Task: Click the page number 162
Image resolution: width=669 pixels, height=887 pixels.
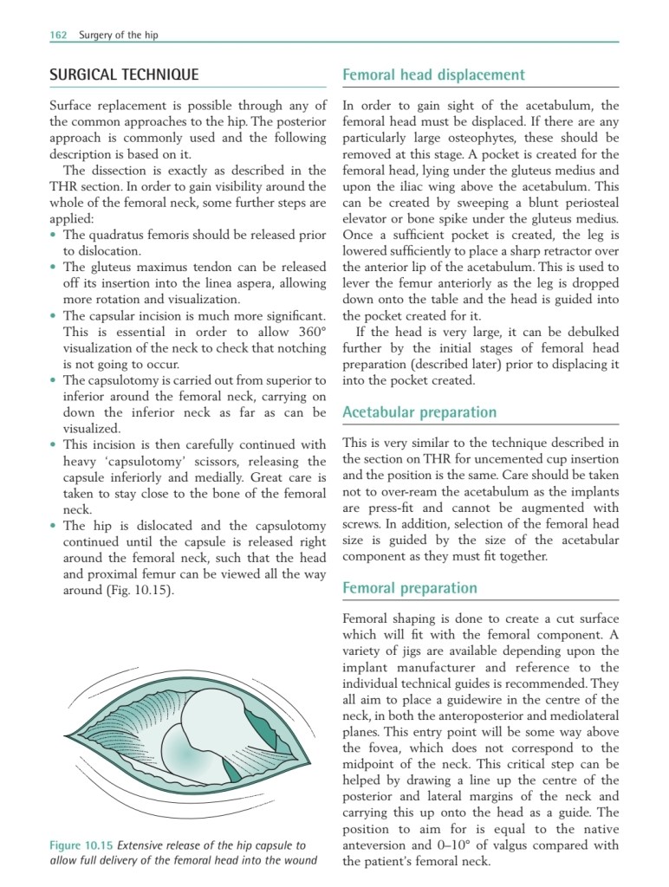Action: coord(58,36)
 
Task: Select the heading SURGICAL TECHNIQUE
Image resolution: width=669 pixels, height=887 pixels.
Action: coord(124,74)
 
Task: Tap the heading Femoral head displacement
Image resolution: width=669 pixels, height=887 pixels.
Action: coord(433,74)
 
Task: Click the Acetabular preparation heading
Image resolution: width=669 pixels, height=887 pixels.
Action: coord(419,412)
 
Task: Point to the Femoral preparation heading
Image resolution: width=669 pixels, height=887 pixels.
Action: coord(410,588)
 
